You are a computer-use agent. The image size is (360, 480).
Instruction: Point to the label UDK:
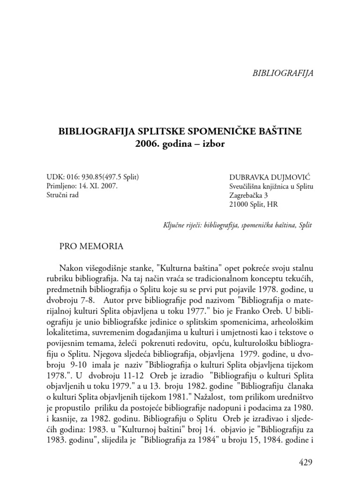[x=56, y=177]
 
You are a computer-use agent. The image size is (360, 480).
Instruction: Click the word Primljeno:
[x=64, y=186]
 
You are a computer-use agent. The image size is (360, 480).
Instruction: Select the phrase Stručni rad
[x=62, y=195]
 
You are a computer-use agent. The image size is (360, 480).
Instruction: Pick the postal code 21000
[x=239, y=204]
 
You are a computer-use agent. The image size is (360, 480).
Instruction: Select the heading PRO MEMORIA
[x=91, y=246]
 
